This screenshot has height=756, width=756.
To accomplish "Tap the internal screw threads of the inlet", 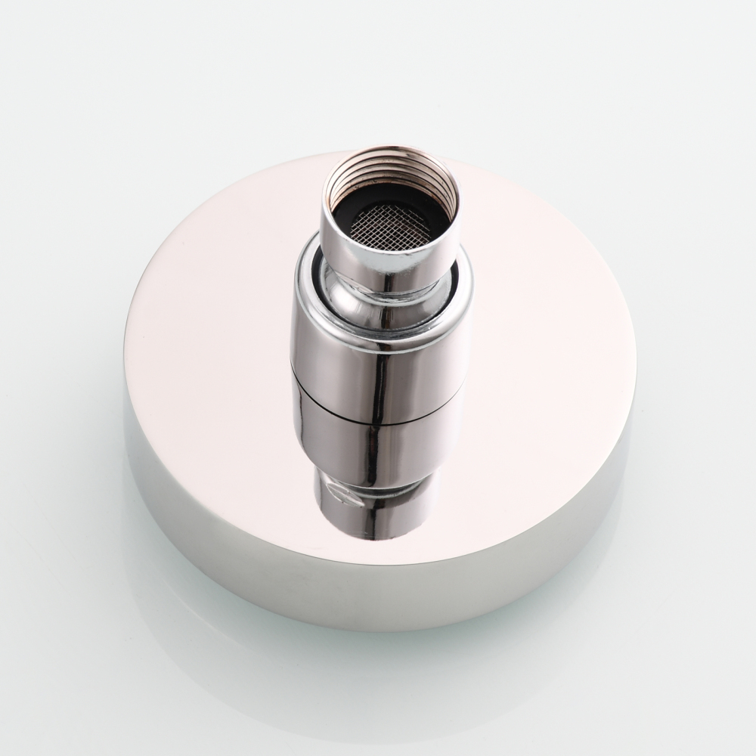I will click(x=390, y=182).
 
